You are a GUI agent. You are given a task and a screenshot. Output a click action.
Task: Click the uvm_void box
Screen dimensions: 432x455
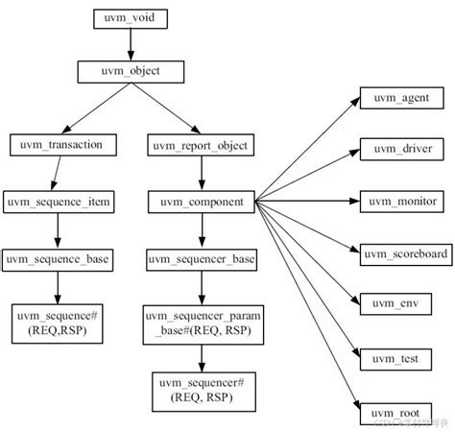pos(132,18)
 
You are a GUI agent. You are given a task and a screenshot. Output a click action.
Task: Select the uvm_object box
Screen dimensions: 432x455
pos(132,71)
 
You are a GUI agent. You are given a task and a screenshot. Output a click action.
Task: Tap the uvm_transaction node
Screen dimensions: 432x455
pos(60,144)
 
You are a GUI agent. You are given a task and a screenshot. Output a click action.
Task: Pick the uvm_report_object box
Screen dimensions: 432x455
pos(200,145)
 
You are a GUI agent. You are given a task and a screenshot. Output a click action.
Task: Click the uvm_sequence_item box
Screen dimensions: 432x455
pos(59,202)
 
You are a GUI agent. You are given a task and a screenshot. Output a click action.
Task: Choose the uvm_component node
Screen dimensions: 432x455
pos(200,202)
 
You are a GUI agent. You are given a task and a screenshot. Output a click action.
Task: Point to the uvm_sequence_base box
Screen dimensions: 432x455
pos(59,258)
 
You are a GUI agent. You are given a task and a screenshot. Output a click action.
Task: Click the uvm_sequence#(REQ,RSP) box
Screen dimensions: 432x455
pos(59,323)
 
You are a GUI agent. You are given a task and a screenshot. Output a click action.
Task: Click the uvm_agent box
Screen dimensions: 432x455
pos(401,98)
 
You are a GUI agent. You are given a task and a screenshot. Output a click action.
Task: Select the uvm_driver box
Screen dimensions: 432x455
pos(401,149)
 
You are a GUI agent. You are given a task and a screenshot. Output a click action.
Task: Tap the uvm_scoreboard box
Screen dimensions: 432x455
pos(401,252)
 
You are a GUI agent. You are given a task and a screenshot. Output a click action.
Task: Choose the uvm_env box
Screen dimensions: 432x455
pos(401,304)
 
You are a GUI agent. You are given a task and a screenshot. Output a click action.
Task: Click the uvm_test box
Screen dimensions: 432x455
pos(401,357)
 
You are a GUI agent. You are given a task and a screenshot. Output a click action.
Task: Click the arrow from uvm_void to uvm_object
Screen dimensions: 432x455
pos(132,44)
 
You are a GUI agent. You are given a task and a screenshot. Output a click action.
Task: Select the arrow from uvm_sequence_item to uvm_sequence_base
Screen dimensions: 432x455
pos(59,229)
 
